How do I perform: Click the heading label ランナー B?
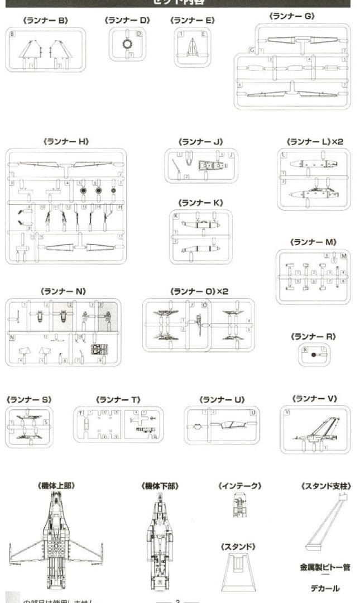[x=45, y=20]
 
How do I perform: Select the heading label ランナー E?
[x=192, y=20]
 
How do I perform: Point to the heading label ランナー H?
[x=66, y=142]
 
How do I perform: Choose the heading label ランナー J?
[x=200, y=142]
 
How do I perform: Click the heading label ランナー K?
[x=200, y=202]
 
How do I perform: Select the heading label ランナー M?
[x=313, y=242]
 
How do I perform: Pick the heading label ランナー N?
[x=63, y=291]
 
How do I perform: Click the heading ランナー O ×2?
[x=199, y=291]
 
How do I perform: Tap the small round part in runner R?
[x=314, y=355]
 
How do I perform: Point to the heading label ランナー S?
[x=28, y=400]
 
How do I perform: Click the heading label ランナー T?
[x=118, y=400]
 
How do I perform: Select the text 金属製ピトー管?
[x=325, y=567]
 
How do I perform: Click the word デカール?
[x=325, y=588]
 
